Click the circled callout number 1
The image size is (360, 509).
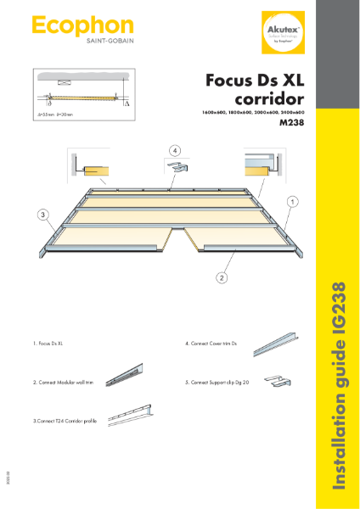click(291, 202)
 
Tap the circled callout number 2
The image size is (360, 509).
click(222, 277)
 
